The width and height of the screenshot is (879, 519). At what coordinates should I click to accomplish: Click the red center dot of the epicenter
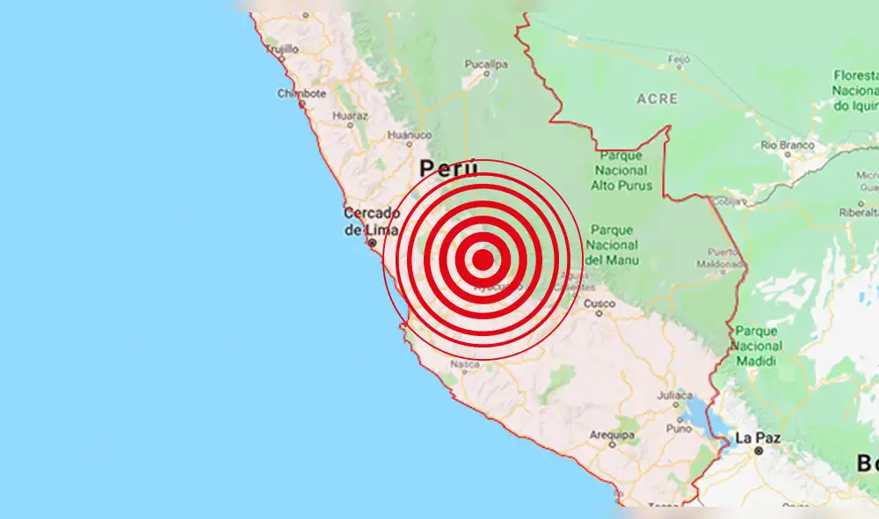pyautogui.click(x=483, y=259)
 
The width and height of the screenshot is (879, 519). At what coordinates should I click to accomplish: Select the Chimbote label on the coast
pyautogui.click(x=301, y=94)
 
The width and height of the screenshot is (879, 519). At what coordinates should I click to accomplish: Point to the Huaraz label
pyautogui.click(x=350, y=115)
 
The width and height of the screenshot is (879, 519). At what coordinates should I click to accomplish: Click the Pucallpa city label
pyautogui.click(x=486, y=64)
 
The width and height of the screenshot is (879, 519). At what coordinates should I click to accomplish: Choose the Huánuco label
pyautogui.click(x=410, y=135)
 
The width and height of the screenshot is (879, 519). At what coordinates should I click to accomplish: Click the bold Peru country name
pyautogui.click(x=448, y=168)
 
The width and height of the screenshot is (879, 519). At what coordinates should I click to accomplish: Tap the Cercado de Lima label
pyautogui.click(x=372, y=221)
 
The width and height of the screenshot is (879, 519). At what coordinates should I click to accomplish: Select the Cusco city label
pyautogui.click(x=599, y=303)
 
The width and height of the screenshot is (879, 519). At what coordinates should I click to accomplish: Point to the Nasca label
pyautogui.click(x=464, y=364)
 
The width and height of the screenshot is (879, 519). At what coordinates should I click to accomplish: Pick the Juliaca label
pyautogui.click(x=676, y=395)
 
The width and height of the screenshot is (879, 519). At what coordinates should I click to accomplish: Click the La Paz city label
pyautogui.click(x=757, y=437)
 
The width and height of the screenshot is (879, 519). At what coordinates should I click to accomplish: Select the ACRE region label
pyautogui.click(x=656, y=99)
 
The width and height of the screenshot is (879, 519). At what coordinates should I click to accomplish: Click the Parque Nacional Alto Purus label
pyautogui.click(x=622, y=170)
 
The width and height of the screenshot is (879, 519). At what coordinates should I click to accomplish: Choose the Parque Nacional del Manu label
pyautogui.click(x=612, y=244)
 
